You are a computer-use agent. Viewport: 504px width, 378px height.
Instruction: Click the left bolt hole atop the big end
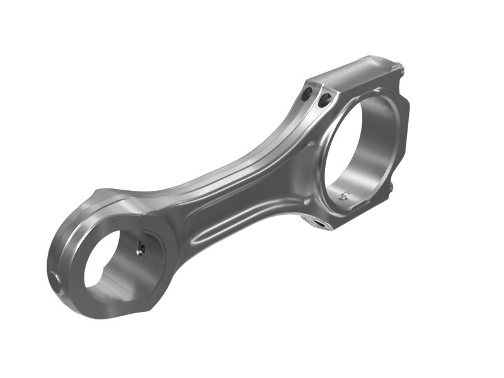[307, 94]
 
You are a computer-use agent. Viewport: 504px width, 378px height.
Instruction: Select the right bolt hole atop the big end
[325, 99]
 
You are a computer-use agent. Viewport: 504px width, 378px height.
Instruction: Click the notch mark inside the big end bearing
[343, 196]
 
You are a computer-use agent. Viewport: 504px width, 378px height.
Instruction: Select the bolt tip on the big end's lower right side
[391, 187]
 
